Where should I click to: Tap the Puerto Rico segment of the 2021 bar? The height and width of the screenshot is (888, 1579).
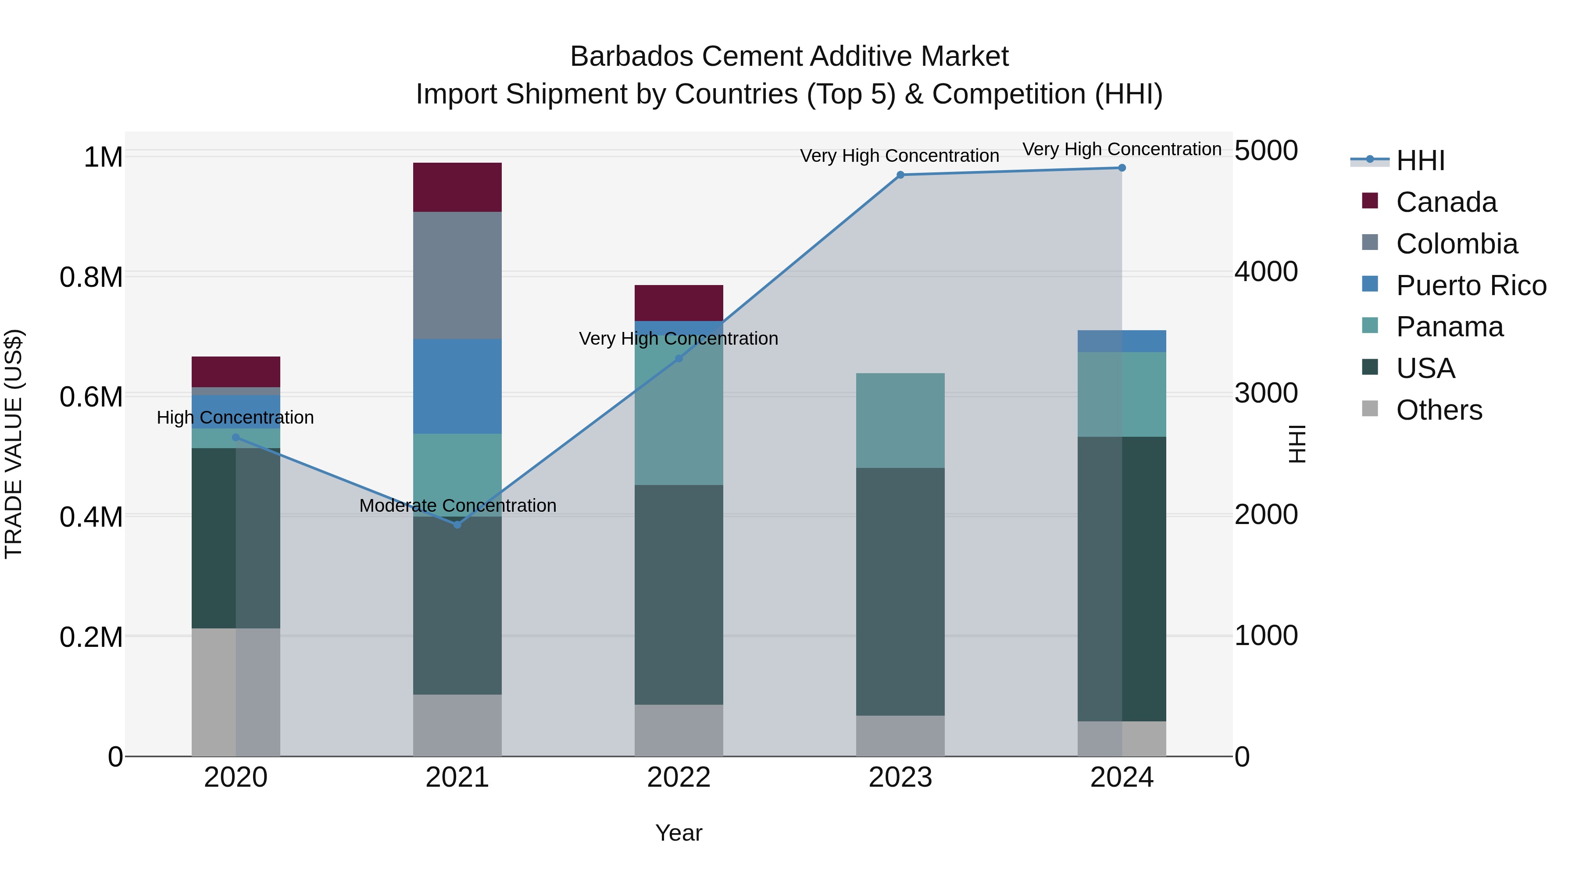click(457, 386)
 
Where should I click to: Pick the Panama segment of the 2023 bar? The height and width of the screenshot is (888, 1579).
click(900, 421)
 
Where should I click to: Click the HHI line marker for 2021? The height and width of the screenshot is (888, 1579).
click(457, 524)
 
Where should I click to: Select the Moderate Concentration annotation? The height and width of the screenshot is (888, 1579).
click(457, 506)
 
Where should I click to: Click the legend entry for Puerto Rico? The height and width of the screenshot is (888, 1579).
click(1471, 285)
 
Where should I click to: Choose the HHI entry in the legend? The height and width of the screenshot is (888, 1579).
click(1420, 160)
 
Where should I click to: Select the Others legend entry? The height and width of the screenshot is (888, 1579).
click(1438, 410)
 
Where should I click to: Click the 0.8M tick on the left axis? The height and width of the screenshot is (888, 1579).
click(91, 277)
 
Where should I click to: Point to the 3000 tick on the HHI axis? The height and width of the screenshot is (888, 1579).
click(1266, 393)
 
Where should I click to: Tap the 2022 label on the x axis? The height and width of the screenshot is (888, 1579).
click(679, 777)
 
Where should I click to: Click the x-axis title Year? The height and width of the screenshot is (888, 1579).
click(679, 833)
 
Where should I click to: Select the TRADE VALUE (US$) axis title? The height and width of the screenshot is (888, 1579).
click(14, 444)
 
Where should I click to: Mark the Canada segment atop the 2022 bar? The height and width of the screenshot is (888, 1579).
click(679, 303)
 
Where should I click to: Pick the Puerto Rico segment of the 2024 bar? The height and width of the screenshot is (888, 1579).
click(1122, 341)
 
